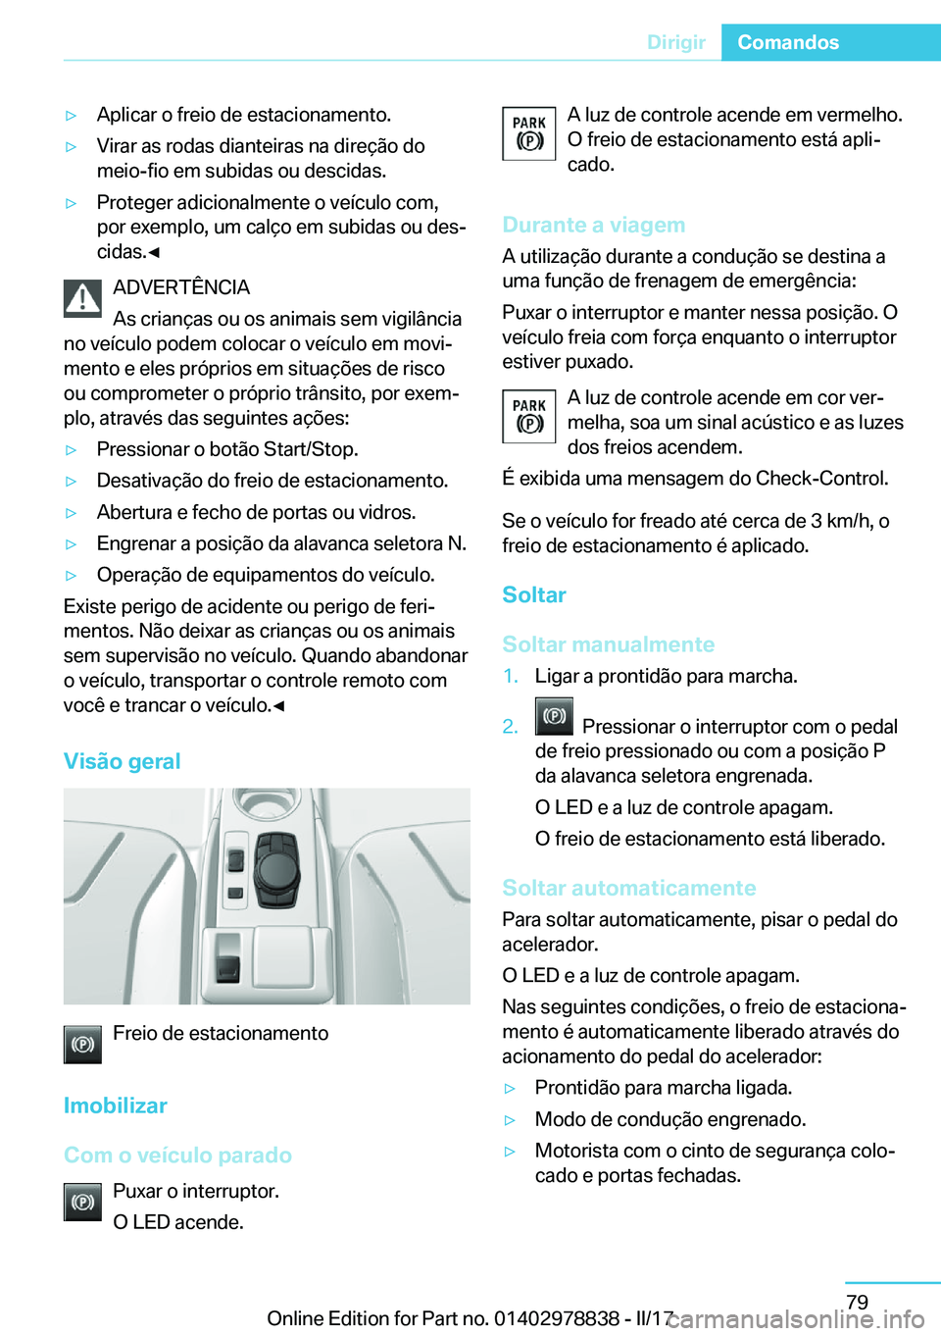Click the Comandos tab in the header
pyautogui.click(x=788, y=42)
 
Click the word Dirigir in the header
pyautogui.click(x=675, y=42)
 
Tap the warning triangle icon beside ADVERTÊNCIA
pyautogui.click(x=83, y=298)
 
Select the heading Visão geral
pyautogui.click(x=123, y=761)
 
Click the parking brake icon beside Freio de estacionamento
pyautogui.click(x=83, y=1045)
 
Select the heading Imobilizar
pyautogui.click(x=116, y=1105)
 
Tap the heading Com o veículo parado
pyautogui.click(x=177, y=1155)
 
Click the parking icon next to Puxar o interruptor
pyautogui.click(x=83, y=1202)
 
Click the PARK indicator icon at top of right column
pyautogui.click(x=529, y=133)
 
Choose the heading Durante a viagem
pyautogui.click(x=594, y=225)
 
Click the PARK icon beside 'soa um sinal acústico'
pyautogui.click(x=529, y=416)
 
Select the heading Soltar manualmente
pyautogui.click(x=609, y=644)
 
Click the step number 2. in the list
pyautogui.click(x=510, y=727)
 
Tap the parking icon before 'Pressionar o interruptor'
pyautogui.click(x=554, y=716)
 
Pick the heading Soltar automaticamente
pyautogui.click(x=629, y=888)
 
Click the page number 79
pyautogui.click(x=857, y=1302)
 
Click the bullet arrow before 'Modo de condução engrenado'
pyautogui.click(x=510, y=1120)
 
